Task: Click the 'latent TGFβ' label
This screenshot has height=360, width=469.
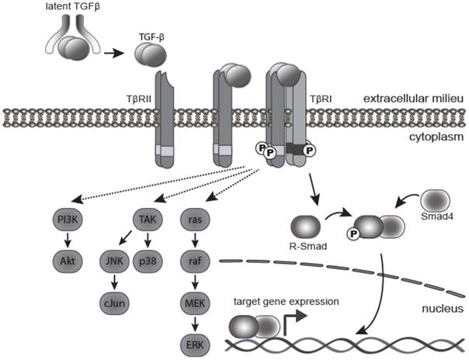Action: coord(71,9)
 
